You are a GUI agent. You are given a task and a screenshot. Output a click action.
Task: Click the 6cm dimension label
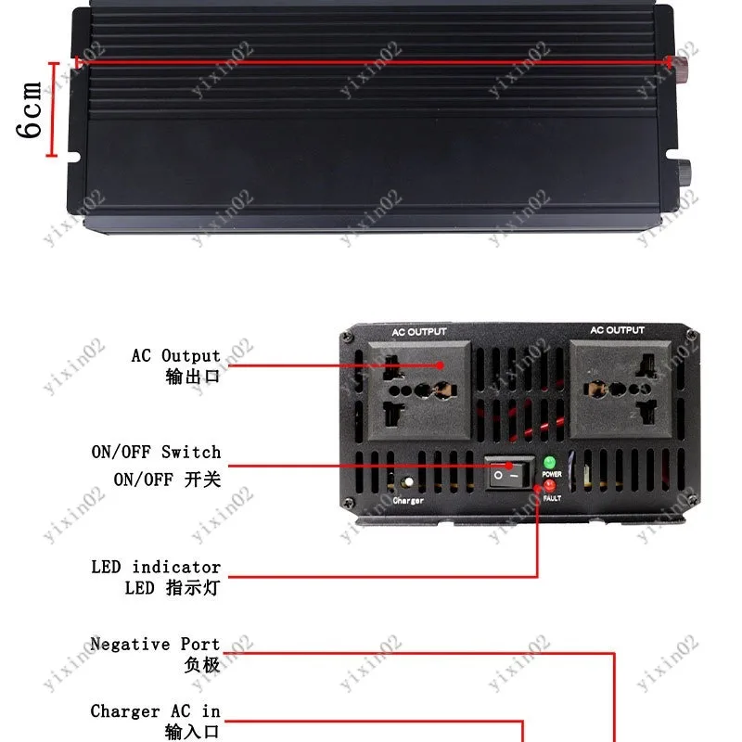click(30, 110)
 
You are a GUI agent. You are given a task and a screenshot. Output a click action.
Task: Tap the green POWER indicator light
click(549, 462)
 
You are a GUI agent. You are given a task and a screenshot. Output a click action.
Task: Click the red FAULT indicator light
click(549, 485)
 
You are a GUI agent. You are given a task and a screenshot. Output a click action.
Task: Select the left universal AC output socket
click(420, 390)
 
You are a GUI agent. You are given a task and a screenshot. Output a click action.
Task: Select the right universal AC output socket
click(620, 390)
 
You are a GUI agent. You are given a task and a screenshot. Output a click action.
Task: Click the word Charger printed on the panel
click(408, 500)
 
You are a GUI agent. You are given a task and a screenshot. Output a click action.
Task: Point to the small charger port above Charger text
click(407, 482)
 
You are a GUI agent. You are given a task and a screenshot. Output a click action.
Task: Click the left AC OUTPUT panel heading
click(419, 332)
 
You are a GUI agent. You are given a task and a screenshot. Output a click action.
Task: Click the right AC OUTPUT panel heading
click(617, 330)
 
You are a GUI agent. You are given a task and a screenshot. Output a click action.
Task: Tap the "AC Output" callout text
click(176, 355)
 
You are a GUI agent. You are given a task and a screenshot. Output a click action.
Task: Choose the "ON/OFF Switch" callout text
click(156, 452)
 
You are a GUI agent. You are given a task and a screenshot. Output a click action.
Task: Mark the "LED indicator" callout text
click(156, 567)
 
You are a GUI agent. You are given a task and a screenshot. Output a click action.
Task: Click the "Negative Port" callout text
click(155, 644)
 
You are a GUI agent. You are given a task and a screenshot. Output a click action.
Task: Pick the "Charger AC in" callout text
click(155, 711)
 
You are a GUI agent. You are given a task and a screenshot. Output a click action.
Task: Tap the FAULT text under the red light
click(552, 498)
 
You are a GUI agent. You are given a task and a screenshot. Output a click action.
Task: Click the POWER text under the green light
click(552, 474)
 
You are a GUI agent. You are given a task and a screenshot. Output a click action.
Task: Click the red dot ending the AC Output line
click(440, 365)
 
